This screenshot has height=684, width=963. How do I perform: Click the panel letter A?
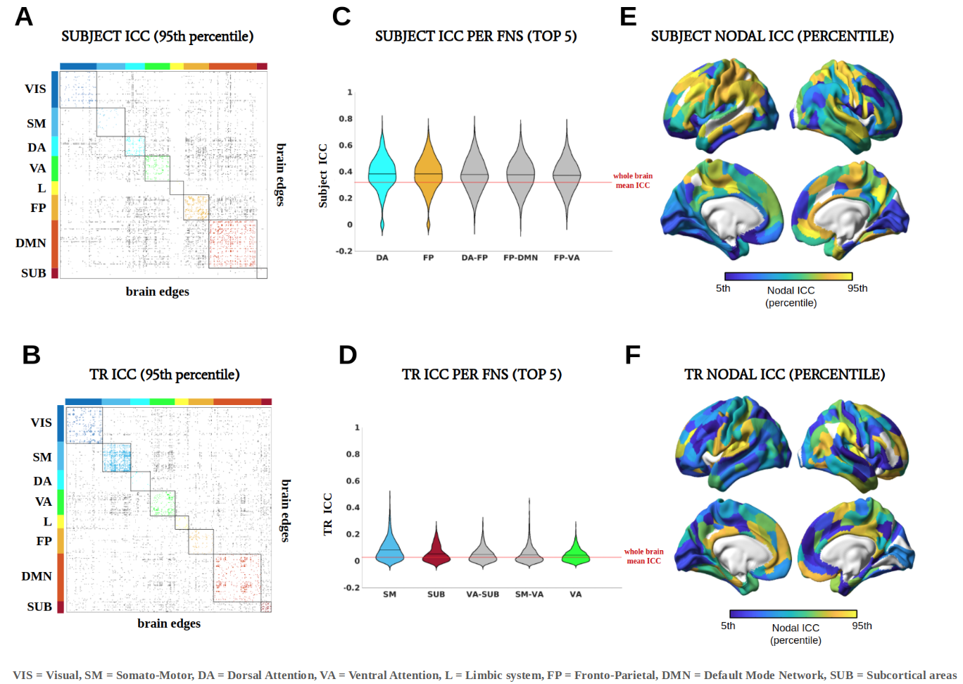click(x=24, y=16)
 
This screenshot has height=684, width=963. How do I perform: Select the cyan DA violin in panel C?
click(x=382, y=176)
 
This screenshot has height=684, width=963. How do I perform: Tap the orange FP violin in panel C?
click(x=428, y=176)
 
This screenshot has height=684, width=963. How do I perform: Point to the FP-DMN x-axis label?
click(x=520, y=258)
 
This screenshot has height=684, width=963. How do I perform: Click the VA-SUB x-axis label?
click(x=482, y=595)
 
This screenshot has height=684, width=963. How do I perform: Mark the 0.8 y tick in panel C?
click(x=346, y=119)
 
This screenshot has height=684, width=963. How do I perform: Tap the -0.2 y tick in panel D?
click(x=351, y=587)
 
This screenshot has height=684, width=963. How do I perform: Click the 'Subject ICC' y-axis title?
click(x=323, y=175)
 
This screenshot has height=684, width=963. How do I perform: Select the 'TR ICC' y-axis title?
click(x=327, y=514)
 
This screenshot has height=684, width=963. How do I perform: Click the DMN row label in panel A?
click(x=31, y=243)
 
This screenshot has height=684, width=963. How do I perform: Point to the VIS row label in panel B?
click(x=41, y=423)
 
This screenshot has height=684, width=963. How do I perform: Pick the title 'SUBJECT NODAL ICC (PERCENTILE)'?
click(x=772, y=36)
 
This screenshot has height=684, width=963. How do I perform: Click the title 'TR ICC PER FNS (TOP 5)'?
click(x=481, y=374)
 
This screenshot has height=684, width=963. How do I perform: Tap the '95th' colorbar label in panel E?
click(x=857, y=288)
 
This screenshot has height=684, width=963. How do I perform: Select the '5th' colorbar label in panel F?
click(x=728, y=626)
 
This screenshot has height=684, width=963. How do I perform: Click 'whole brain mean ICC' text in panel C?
click(x=633, y=180)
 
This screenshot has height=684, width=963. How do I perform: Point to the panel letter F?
click(x=632, y=354)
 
